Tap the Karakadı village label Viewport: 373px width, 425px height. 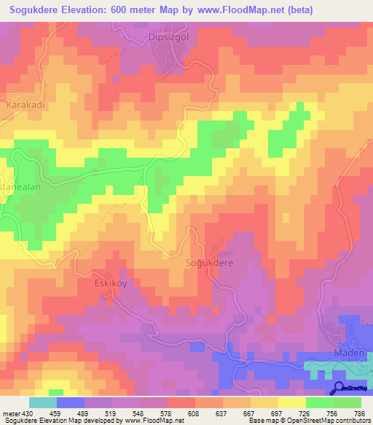coord(26,105)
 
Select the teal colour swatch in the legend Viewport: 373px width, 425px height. coord(43,402)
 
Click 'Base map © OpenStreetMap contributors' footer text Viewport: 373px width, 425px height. coord(307,421)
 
